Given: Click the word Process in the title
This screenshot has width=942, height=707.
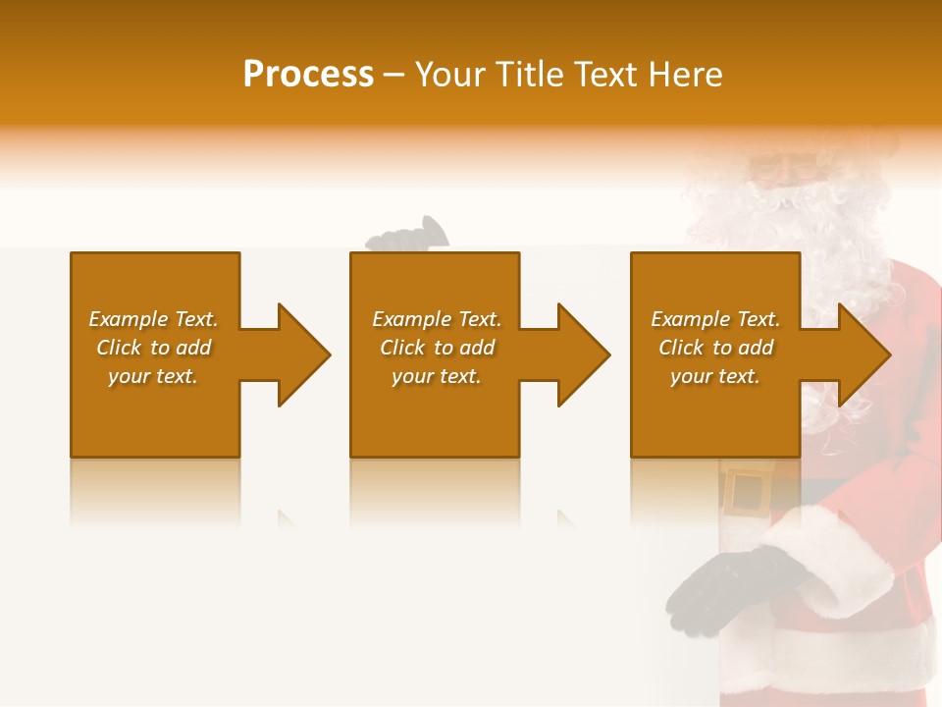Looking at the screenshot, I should tap(308, 75).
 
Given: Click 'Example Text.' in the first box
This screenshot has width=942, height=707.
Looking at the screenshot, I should tap(154, 319).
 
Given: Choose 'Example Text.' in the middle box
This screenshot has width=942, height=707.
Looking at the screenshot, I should tap(437, 319).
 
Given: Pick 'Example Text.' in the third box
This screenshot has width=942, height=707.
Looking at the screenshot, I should tap(715, 319).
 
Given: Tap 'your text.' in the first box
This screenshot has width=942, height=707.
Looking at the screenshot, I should tap(154, 376).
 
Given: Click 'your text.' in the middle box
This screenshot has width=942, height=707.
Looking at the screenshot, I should tap(437, 376).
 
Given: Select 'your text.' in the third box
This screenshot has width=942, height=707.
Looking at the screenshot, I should tap(715, 376).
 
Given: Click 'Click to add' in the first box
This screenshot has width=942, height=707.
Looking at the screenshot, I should tap(154, 348).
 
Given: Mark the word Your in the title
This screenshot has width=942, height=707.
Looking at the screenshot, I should tap(451, 75).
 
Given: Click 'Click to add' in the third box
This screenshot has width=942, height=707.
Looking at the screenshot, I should tap(715, 348).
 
